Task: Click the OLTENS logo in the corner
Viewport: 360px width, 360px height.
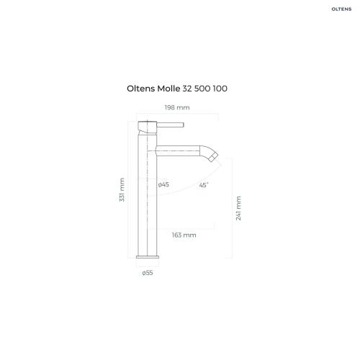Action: (x=341, y=9)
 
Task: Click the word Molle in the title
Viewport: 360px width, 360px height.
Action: (x=168, y=89)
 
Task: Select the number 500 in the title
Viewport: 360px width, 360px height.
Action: (x=202, y=89)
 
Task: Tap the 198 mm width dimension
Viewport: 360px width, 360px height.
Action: (x=177, y=107)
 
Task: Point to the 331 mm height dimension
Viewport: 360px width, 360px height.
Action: (x=122, y=189)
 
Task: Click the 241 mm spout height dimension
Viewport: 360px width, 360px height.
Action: (x=238, y=208)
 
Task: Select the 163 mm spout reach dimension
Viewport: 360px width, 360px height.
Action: (x=184, y=235)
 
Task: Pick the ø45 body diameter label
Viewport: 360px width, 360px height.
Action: (x=163, y=184)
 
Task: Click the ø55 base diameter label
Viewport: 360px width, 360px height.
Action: (x=148, y=273)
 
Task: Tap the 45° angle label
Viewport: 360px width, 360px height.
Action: (x=204, y=185)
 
